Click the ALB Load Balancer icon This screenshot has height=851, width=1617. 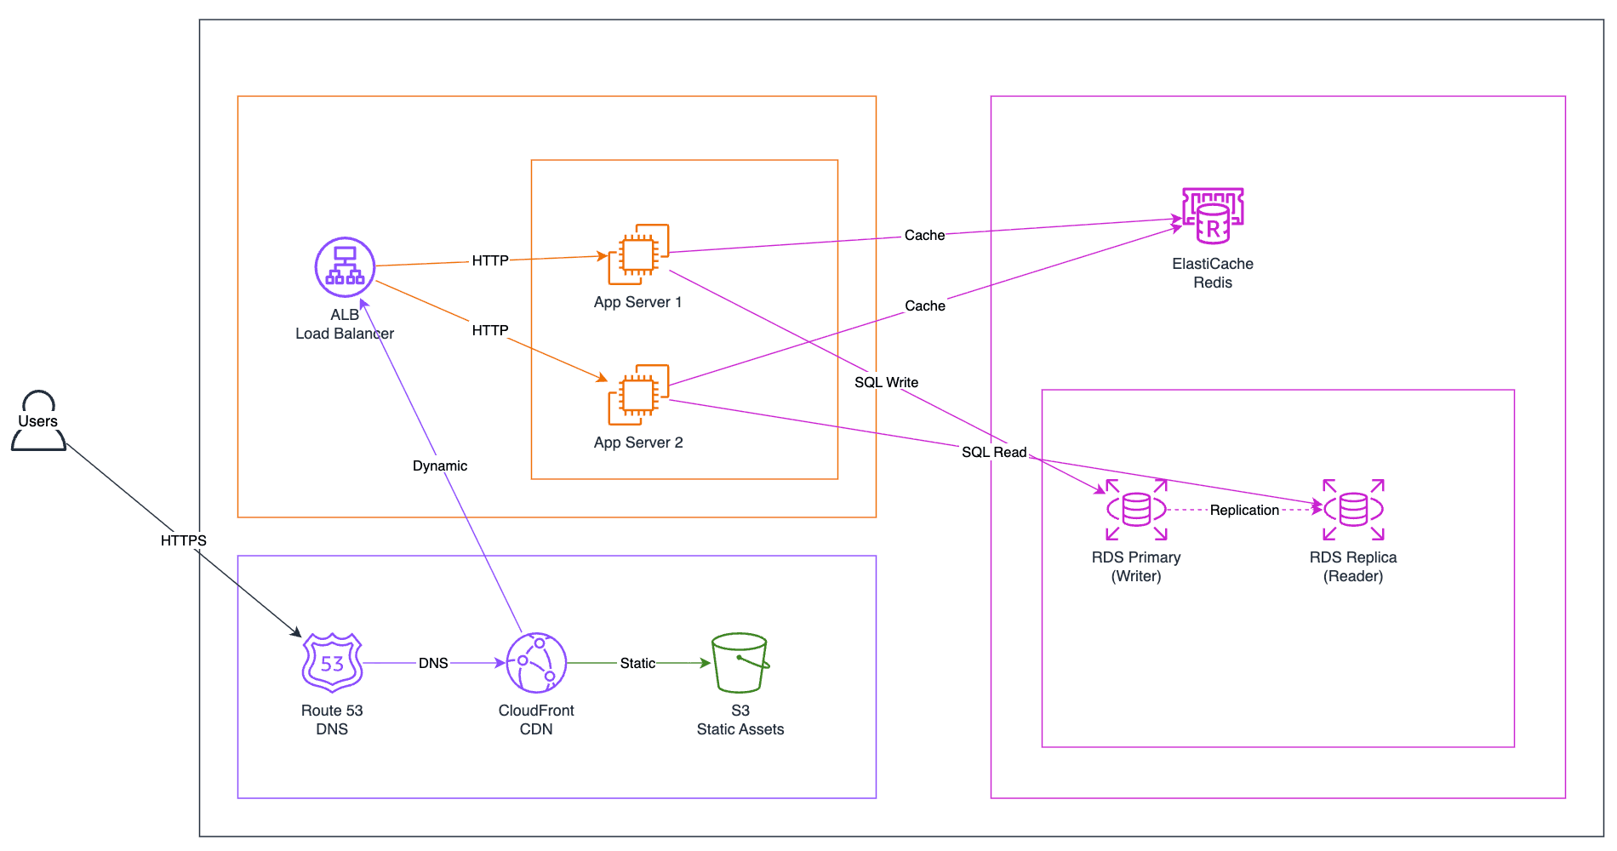point(345,267)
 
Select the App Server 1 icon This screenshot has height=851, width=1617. point(638,254)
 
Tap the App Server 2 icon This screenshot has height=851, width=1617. point(638,395)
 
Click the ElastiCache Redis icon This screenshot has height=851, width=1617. point(1213,215)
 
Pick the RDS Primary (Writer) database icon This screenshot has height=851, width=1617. point(1136,510)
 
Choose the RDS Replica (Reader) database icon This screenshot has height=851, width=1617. point(1353,510)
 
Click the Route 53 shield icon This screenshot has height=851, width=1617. point(332,663)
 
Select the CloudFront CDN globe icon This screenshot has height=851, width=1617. point(536,663)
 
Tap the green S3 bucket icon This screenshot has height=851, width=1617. point(740,663)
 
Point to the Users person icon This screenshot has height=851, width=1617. point(38,420)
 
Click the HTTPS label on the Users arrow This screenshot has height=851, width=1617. point(183,540)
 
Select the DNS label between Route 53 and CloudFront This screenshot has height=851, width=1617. point(433,663)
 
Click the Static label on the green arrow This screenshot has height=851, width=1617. point(637,663)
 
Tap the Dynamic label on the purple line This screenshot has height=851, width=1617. point(440,465)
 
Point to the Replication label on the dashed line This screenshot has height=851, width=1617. point(1244,510)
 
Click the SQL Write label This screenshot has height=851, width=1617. point(886,382)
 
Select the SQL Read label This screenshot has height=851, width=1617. point(994,452)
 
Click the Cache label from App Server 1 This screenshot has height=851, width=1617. point(924,235)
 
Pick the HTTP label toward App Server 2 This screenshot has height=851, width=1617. point(490,330)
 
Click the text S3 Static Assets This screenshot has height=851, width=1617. point(740,720)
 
